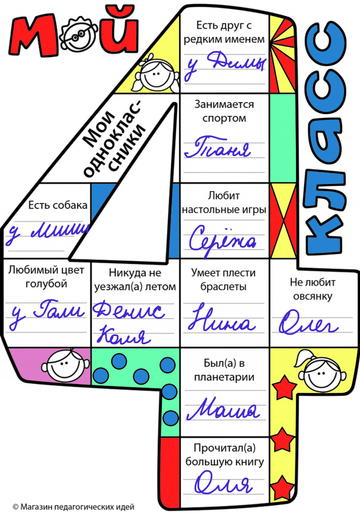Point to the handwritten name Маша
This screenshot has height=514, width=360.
tap(224, 409)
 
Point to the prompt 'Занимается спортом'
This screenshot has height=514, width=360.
tap(224, 111)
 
